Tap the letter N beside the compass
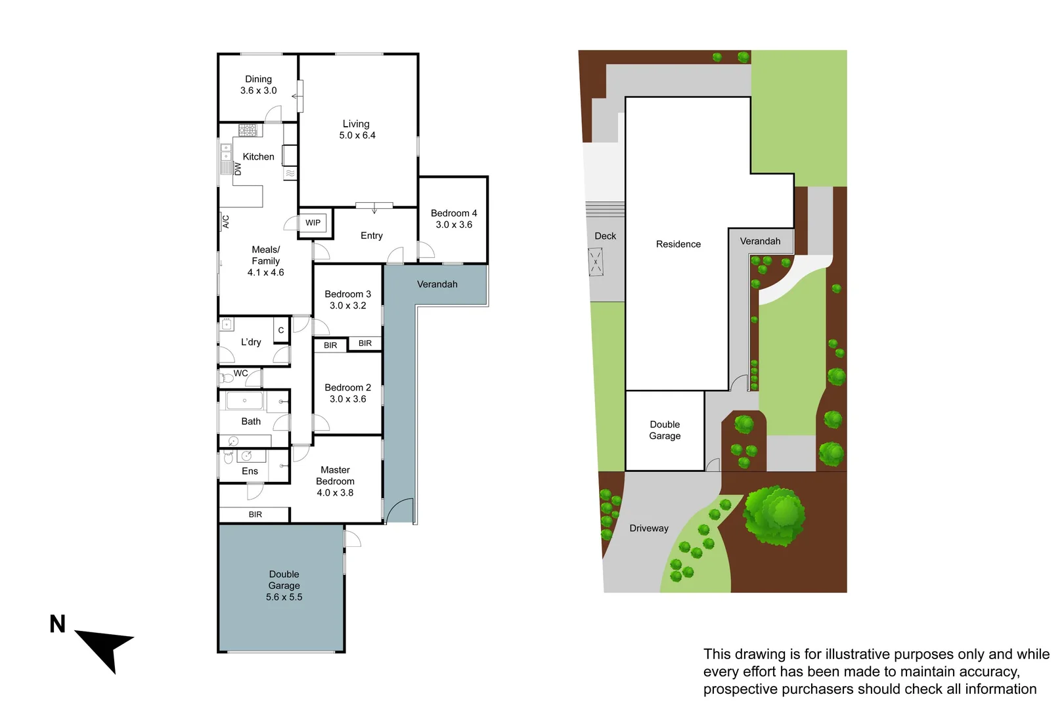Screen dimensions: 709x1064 [x=58, y=624]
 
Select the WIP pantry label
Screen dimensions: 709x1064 [x=313, y=223]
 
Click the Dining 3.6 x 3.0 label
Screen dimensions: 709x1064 [x=258, y=85]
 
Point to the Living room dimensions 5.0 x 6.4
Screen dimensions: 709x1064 [x=357, y=135]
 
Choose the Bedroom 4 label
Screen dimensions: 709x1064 [x=454, y=213]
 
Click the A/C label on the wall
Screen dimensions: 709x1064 [x=225, y=221]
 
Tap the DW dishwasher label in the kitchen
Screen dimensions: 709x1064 [x=238, y=169]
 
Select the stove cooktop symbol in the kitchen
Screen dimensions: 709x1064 [x=248, y=130]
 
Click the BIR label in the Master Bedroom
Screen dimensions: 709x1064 [x=255, y=515]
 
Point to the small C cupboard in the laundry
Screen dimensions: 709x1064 [x=281, y=330]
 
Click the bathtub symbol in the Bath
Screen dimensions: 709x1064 [x=244, y=400]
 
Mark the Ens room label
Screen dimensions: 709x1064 [x=250, y=471]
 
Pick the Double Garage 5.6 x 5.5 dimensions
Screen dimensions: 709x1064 [x=284, y=597]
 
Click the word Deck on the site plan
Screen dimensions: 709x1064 [x=606, y=236]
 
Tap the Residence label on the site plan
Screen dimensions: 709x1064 [x=678, y=244]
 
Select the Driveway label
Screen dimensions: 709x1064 [x=649, y=528]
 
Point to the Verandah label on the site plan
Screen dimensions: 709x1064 [x=761, y=242]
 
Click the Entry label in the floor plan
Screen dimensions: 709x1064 [x=372, y=236]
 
